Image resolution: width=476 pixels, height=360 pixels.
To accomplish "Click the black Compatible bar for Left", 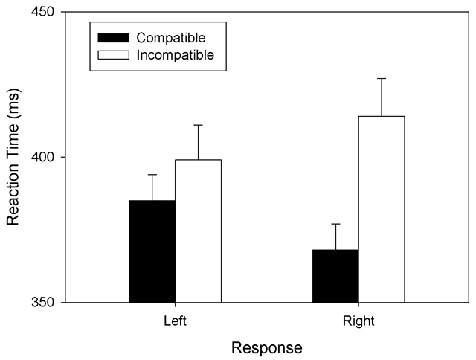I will pyautogui.click(x=152, y=251).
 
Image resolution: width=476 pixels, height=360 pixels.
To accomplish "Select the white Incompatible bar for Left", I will pyautogui.click(x=198, y=231).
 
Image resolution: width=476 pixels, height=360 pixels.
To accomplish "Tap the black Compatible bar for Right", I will pyautogui.click(x=335, y=276).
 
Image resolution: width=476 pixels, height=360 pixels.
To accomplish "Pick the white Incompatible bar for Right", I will pyautogui.click(x=382, y=209).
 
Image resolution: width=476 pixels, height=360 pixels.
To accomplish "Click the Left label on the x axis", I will pyautogui.click(x=176, y=321).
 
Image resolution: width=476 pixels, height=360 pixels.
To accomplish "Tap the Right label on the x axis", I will pyautogui.click(x=358, y=321).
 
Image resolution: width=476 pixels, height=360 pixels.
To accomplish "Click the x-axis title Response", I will pyautogui.click(x=266, y=347).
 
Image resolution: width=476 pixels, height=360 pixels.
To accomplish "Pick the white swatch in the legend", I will pyautogui.click(x=111, y=54).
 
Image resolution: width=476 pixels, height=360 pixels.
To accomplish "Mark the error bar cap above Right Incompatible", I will pyautogui.click(x=382, y=78).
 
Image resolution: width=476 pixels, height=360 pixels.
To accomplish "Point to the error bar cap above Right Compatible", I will pyautogui.click(x=335, y=224).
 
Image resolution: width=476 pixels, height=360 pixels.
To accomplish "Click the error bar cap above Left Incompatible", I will pyautogui.click(x=198, y=125).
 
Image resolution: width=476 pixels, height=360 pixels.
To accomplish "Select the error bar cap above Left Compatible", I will pyautogui.click(x=152, y=175).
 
